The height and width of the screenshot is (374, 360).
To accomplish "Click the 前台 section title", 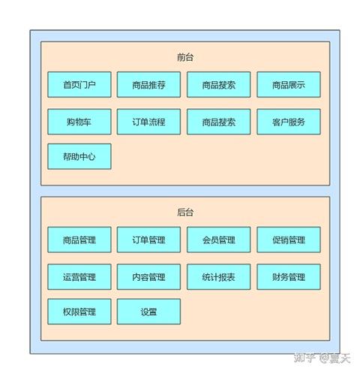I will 185,57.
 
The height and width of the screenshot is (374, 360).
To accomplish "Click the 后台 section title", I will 185,213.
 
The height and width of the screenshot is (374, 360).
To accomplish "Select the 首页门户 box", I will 79,85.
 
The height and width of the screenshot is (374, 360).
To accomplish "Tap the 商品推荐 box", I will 148,85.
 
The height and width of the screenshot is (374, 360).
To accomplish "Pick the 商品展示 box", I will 289,85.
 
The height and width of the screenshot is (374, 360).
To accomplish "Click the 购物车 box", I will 79,122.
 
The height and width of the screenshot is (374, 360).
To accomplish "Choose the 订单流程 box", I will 148,122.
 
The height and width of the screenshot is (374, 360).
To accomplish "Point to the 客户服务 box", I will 289,122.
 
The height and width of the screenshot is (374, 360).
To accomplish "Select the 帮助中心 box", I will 79,157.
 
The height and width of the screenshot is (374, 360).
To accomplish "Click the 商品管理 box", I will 79,240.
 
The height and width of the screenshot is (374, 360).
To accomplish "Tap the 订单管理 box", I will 148,240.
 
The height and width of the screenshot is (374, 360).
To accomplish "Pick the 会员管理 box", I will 218,240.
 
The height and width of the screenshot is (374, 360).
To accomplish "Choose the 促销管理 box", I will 289,240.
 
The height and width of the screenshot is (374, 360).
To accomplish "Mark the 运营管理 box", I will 79,277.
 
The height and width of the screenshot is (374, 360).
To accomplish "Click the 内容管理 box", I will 148,277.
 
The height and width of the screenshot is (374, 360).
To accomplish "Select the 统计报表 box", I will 218,277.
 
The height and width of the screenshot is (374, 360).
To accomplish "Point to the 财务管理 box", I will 289,277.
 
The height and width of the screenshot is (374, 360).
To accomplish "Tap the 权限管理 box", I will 79,311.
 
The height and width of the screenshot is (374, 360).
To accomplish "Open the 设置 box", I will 148,311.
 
